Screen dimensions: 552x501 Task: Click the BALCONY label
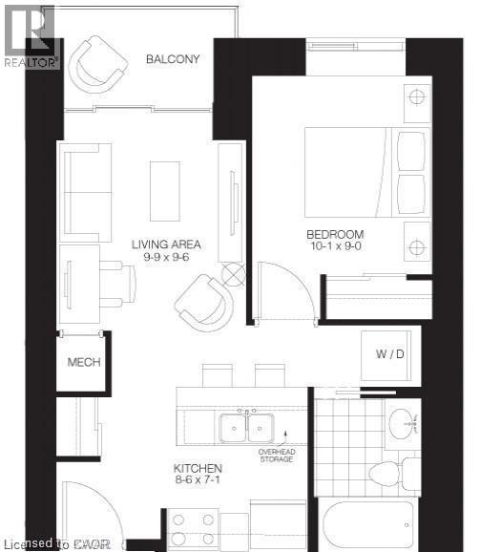(x=173, y=59)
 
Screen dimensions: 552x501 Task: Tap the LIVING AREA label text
(x=165, y=244)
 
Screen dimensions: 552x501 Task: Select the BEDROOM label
(x=335, y=235)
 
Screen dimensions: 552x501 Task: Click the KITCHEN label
(x=198, y=468)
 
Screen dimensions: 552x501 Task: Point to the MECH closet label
(x=84, y=363)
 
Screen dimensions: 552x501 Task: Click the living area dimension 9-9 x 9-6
(x=165, y=258)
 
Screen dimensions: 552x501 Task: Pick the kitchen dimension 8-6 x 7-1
(x=198, y=481)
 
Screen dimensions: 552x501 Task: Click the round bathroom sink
(x=403, y=421)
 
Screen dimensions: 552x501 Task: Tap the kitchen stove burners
(x=194, y=528)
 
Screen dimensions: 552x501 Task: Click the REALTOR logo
(x=31, y=35)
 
